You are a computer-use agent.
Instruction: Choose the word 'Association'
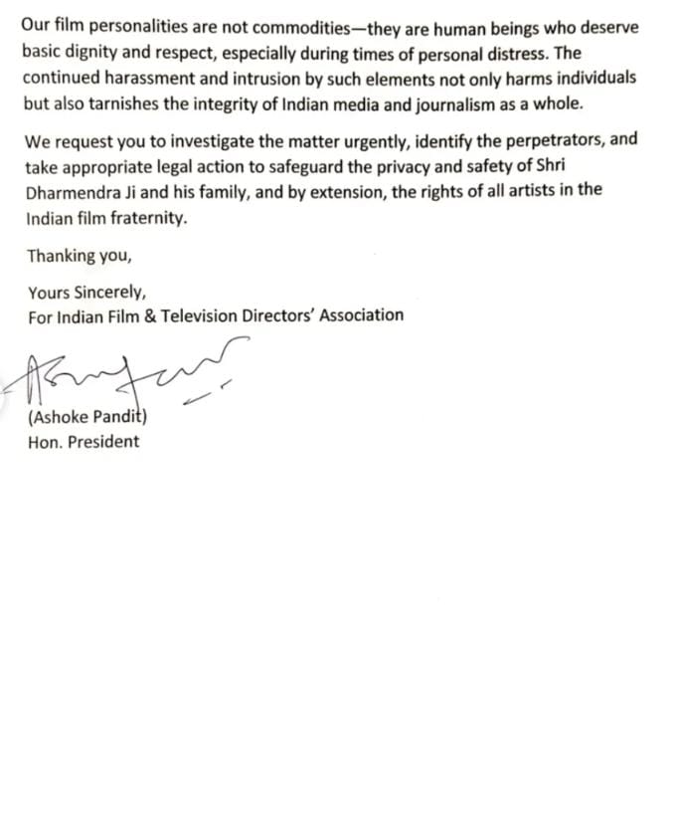tap(358, 315)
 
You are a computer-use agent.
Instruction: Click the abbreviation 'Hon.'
tap(44, 442)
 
